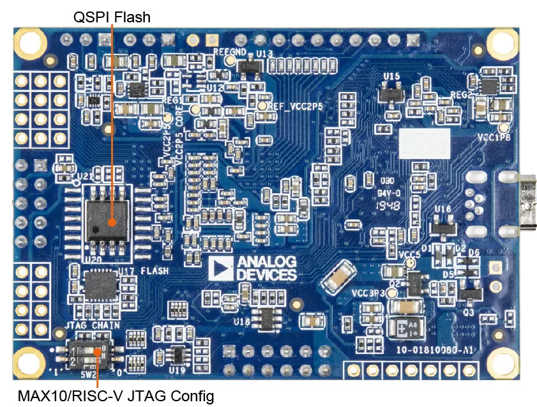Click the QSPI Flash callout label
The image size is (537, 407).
112,17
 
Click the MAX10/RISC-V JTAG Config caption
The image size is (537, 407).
115,395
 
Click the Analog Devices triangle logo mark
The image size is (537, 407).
218,269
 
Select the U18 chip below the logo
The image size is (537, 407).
264,317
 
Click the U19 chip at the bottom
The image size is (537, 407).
178,355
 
